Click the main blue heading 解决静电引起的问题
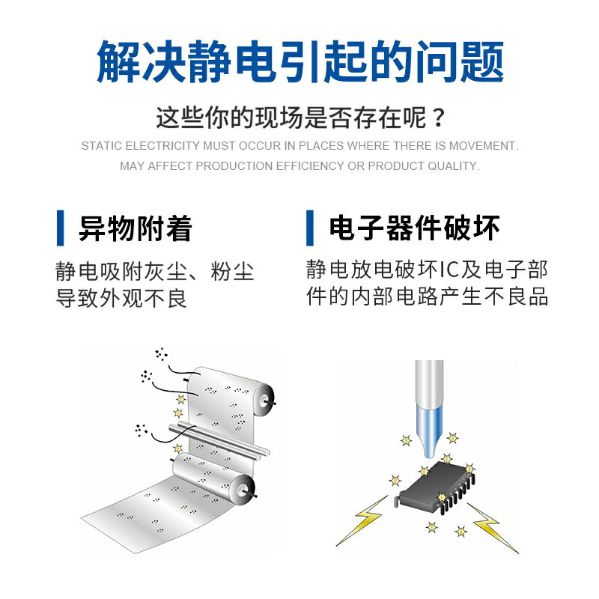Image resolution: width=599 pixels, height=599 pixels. coord(299,61)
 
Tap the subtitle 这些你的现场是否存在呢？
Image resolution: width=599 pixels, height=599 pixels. coord(299,118)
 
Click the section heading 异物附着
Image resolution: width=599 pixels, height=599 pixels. coord(136,228)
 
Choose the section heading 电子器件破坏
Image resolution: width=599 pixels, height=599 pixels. coord(414,228)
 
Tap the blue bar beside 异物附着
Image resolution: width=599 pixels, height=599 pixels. coord(61,228)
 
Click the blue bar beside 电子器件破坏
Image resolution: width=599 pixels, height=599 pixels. coord(310,228)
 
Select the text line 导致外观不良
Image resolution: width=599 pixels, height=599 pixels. coord(121,298)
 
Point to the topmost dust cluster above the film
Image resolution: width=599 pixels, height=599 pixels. coord(161,353)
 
